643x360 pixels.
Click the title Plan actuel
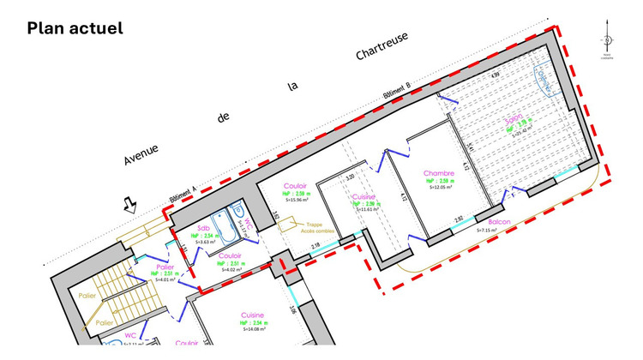75,27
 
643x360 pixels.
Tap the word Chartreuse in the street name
382,49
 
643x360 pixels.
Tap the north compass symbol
608,39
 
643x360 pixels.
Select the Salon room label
514,119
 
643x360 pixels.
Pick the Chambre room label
438,173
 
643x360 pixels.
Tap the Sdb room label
204,228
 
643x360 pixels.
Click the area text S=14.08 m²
251,329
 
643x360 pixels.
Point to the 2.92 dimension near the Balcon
459,219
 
